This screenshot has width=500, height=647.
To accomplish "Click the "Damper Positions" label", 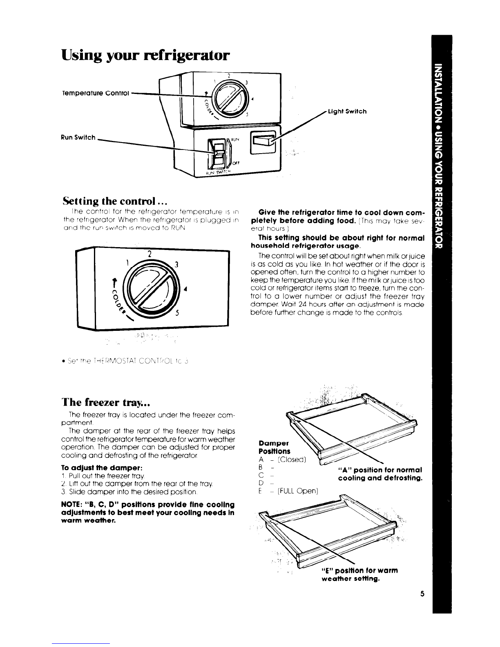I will click(x=275, y=447).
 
